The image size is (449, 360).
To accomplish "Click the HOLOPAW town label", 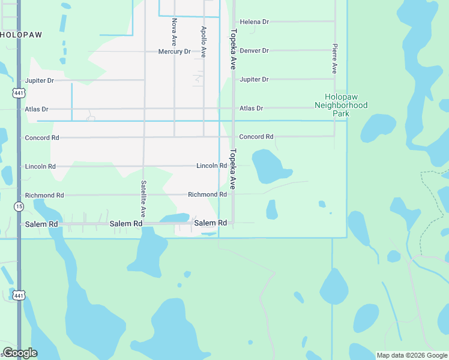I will tap(22, 35).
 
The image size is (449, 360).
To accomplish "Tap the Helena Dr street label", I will tap(254, 22).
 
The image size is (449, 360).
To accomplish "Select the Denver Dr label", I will tap(254, 50).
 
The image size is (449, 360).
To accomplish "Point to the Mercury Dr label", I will tap(174, 52).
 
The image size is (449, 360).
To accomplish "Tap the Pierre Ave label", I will tap(334, 58).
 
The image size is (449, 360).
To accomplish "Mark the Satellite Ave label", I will tap(143, 199).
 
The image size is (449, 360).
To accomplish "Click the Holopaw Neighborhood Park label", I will tap(341, 105).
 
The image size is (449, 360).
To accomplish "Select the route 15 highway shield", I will tap(19, 206).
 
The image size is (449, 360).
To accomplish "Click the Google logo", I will tap(20, 353).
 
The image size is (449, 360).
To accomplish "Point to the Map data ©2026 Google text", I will tap(412, 355).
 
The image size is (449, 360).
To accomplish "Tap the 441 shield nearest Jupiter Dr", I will tap(19, 93).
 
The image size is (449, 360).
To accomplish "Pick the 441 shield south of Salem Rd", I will tap(19, 295).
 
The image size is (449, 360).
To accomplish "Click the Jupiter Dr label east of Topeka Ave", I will tap(254, 79).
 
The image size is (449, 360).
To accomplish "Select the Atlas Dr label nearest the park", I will tap(251, 109).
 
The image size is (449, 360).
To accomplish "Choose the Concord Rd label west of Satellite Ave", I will tap(42, 137).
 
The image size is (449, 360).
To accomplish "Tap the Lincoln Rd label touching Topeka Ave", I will tap(211, 166).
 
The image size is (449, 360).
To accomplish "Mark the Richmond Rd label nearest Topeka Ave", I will tap(207, 194).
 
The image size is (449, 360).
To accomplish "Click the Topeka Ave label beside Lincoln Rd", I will tap(233, 169).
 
